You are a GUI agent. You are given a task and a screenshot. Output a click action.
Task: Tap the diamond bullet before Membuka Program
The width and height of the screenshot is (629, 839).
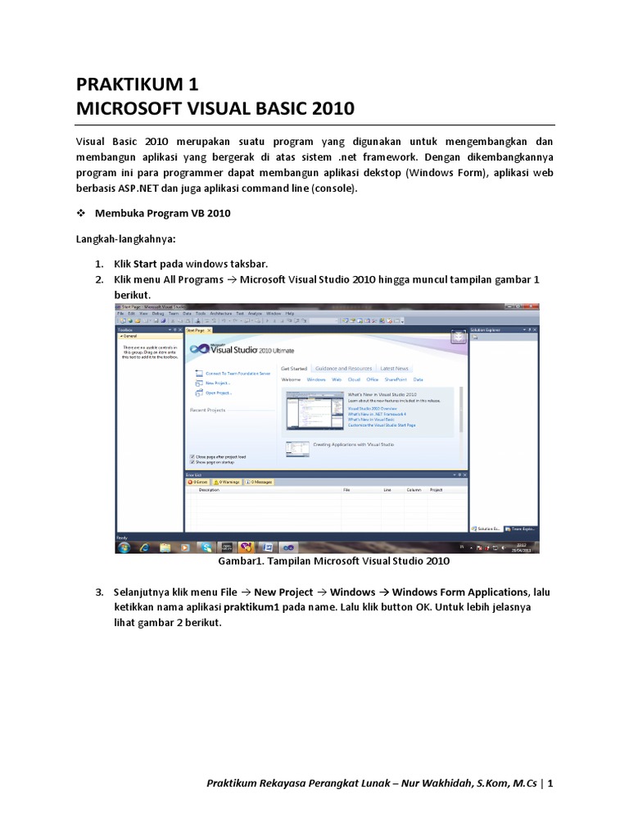(x=81, y=214)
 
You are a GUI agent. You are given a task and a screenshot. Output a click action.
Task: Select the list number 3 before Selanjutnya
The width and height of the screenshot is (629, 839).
(x=98, y=592)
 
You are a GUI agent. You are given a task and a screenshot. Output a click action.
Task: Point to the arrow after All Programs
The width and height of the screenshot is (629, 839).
(x=231, y=279)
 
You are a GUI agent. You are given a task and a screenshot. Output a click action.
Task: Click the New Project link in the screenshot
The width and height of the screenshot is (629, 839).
(x=217, y=383)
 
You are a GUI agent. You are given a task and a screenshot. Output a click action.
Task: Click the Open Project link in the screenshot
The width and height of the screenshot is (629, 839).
(x=218, y=393)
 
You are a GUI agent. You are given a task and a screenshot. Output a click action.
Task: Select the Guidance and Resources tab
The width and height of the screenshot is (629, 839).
(x=343, y=369)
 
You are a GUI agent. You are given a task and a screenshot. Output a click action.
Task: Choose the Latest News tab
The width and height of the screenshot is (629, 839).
(x=395, y=369)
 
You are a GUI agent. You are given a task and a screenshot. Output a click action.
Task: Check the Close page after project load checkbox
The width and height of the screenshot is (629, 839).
(x=192, y=456)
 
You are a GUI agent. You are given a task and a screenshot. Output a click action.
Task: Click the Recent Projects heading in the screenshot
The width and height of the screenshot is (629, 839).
(x=207, y=410)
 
